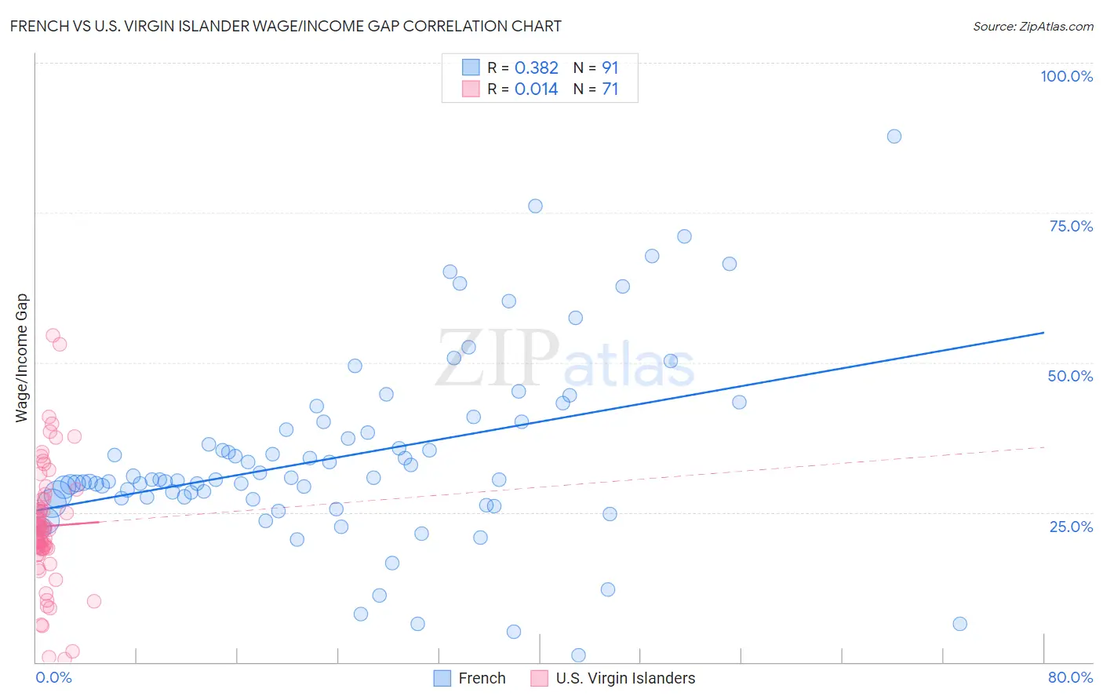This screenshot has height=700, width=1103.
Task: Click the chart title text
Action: pyautogui.click(x=286, y=26)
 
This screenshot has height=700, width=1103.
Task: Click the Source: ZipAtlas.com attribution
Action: pyautogui.click(x=1032, y=26)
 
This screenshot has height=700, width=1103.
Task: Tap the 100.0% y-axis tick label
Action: pyautogui.click(x=1066, y=76)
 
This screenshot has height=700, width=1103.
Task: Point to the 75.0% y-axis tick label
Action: pyautogui.click(x=1071, y=226)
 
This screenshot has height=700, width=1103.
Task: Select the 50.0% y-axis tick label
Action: pyautogui.click(x=1070, y=376)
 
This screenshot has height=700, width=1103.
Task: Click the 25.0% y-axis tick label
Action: pyautogui.click(x=1071, y=526)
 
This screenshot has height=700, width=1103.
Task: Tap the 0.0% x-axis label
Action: pyautogui.click(x=53, y=677)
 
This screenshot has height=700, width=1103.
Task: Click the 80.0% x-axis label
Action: pyautogui.click(x=1070, y=677)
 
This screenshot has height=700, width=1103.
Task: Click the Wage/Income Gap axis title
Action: pyautogui.click(x=22, y=358)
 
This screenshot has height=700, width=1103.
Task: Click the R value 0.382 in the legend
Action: pyautogui.click(x=537, y=67)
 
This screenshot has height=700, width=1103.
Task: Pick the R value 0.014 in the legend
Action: pyautogui.click(x=537, y=89)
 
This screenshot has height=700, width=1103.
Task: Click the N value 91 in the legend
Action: pyautogui.click(x=610, y=67)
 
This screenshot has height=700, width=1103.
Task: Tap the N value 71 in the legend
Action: pyautogui.click(x=610, y=89)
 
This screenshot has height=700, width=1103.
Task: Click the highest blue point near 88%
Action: pyautogui.click(x=894, y=137)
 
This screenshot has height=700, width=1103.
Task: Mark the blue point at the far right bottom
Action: pyautogui.click(x=959, y=624)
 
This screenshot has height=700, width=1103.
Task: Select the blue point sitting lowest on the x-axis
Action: pyautogui.click(x=578, y=655)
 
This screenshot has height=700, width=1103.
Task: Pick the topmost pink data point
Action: pyautogui.click(x=53, y=336)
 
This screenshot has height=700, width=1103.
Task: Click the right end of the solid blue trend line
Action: pyautogui.click(x=1043, y=333)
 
